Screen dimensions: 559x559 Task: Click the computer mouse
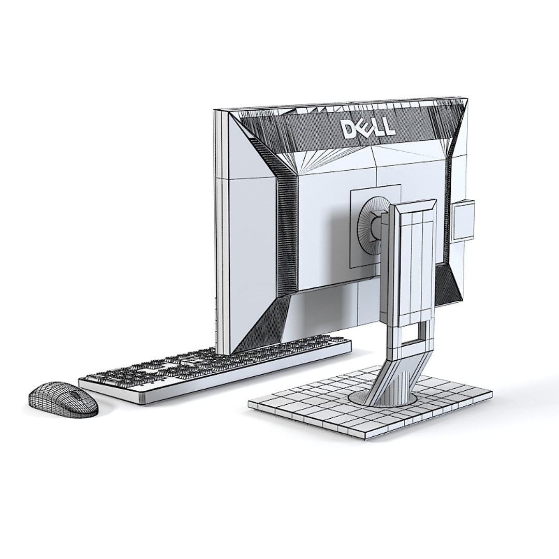pos(63,399)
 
